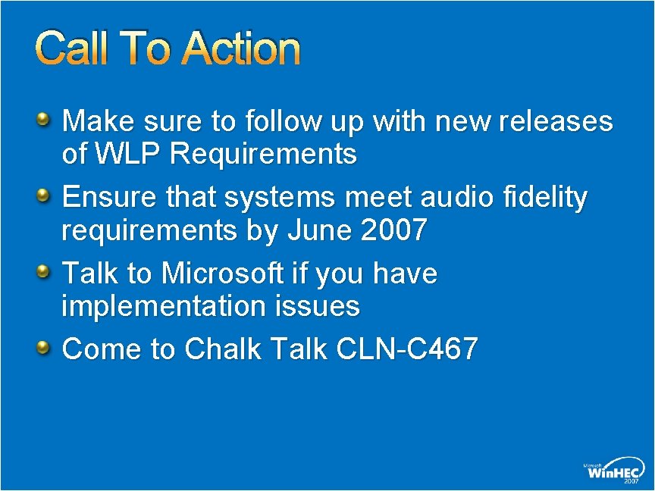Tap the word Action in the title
242,48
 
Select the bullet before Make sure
44,118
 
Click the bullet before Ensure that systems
44,195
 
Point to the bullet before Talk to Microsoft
44,271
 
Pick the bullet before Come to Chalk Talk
44,347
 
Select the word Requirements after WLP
264,155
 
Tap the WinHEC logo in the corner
613,470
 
